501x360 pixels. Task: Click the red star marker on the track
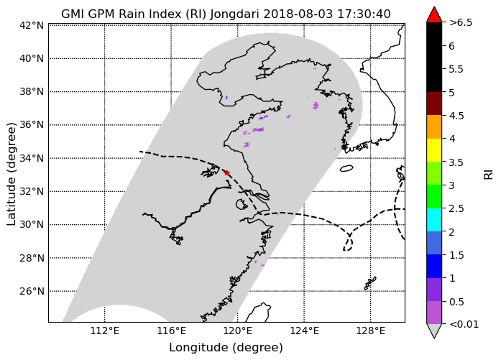point(227,172)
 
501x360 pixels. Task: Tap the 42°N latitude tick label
point(32,25)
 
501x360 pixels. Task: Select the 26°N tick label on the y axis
point(32,291)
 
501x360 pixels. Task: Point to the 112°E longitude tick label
point(105,331)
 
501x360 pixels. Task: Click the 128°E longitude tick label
point(371,331)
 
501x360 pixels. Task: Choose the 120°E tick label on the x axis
point(237,331)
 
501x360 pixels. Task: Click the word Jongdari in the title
point(235,14)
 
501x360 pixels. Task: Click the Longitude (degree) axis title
point(226,348)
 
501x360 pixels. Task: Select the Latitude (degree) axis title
point(11,174)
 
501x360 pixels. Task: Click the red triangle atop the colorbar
point(434,14)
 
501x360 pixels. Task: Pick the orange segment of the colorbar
point(434,126)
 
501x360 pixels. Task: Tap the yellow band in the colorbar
point(434,150)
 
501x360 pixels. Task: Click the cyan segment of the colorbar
point(434,220)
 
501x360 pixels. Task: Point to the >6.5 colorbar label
point(461,23)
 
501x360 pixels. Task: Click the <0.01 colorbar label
point(464,325)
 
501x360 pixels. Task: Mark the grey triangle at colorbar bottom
point(434,331)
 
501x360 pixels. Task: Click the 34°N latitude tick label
point(32,158)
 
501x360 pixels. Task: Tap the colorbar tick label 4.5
point(456,116)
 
